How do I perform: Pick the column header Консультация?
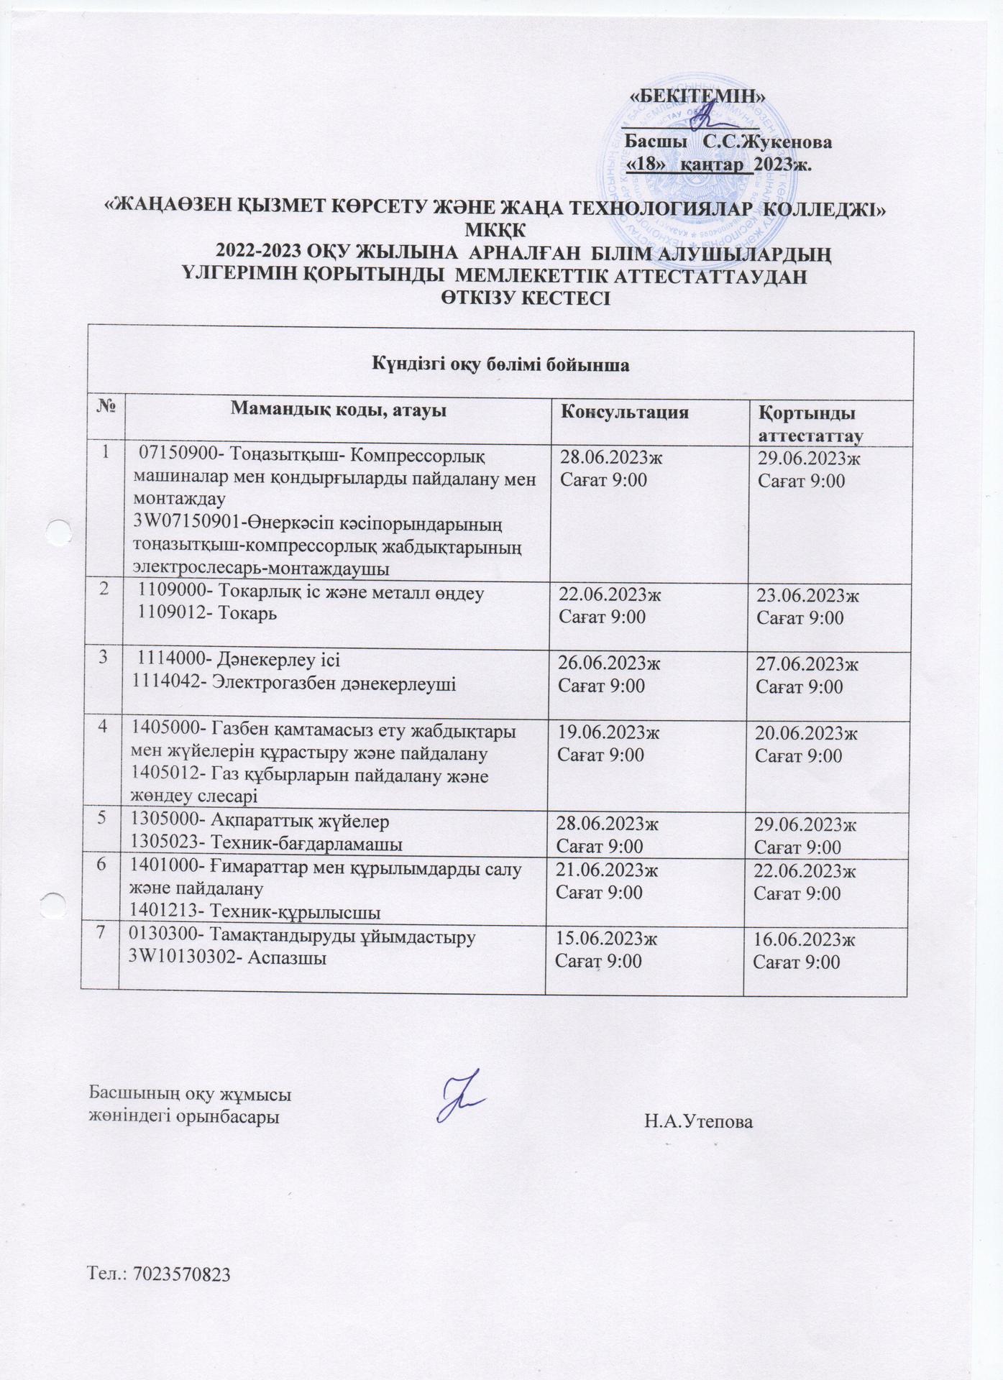pyautogui.click(x=624, y=412)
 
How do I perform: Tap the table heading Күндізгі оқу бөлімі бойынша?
pyautogui.click(x=500, y=364)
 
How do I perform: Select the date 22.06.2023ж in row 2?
pyautogui.click(x=609, y=595)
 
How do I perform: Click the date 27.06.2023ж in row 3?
pyautogui.click(x=807, y=664)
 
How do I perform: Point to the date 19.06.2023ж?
pyautogui.click(x=608, y=733)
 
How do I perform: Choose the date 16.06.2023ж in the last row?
pyautogui.click(x=804, y=940)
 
